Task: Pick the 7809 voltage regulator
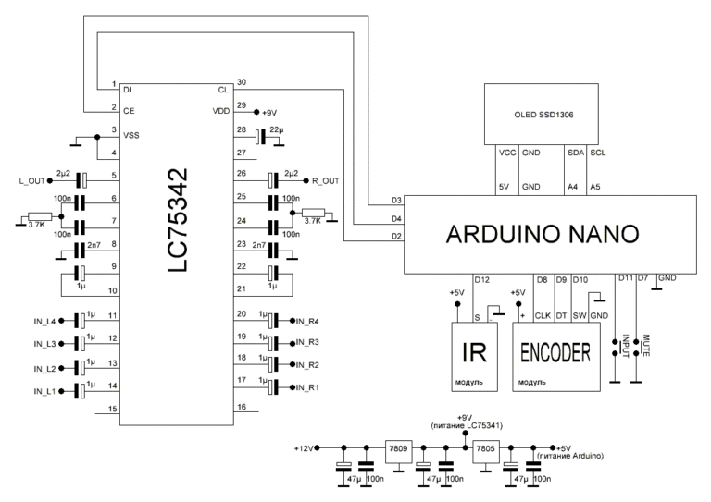coord(400,446)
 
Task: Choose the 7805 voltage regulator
coord(485,446)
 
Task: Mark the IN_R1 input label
coord(306,387)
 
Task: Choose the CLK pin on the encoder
coord(543,315)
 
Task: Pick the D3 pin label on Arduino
coord(396,201)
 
